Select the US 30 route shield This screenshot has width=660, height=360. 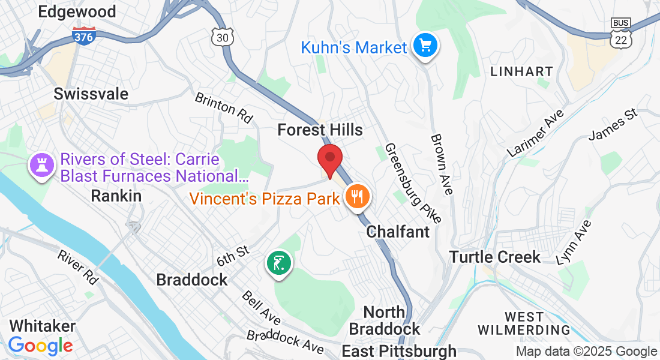[222, 37]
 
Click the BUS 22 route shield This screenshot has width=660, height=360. [620, 34]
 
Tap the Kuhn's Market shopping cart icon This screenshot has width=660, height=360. [426, 46]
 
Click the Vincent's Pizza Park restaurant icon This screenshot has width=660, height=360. [357, 197]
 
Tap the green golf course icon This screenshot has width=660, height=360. [279, 263]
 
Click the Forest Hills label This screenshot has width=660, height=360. [320, 130]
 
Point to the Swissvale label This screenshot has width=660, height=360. [91, 94]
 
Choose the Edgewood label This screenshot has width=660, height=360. [76, 11]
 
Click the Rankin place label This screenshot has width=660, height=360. [116, 196]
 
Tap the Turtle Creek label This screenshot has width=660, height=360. [496, 257]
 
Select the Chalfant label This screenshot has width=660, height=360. [398, 232]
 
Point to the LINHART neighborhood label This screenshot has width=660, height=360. [521, 71]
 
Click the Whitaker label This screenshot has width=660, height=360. [43, 326]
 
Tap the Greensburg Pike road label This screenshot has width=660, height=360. [413, 182]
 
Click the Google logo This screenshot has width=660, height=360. [40, 346]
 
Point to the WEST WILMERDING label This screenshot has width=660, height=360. [524, 323]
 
